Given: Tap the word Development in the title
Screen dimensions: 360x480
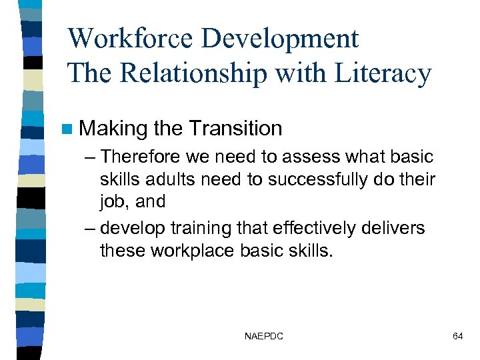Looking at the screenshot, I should (280, 39).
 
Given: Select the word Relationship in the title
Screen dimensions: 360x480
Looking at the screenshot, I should (201, 74).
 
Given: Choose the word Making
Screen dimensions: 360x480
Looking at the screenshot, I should (113, 128).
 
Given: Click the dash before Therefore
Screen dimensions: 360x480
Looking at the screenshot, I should (90, 157).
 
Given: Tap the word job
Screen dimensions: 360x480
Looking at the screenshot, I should (113, 201).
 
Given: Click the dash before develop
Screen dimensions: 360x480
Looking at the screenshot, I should (90, 228).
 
